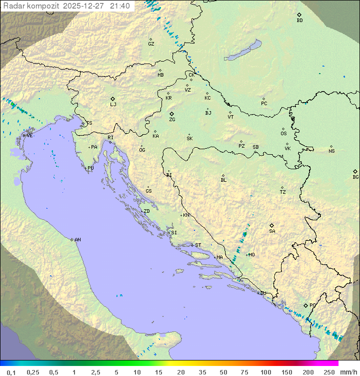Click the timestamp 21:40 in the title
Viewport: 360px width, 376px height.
pos(119,6)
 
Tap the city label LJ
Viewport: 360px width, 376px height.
pos(113,105)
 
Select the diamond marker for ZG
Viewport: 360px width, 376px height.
pos(171,114)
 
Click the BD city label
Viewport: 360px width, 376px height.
pos(299,21)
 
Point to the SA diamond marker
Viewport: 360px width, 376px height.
pos(271,225)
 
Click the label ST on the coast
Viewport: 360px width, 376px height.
pos(198,245)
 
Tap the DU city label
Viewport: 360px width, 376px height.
pos(263,293)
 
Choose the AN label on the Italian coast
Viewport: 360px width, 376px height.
pos(77,240)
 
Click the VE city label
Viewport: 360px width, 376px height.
pos(29,136)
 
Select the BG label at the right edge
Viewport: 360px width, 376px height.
pos(355,177)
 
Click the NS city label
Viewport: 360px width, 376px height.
pos(331,151)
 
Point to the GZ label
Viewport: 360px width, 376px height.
pos(151,44)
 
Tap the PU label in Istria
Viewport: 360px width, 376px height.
pos(90,168)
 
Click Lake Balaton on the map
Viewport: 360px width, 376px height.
pos(243,51)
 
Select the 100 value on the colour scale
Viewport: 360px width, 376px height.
pos(265,372)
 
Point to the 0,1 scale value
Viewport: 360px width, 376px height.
pos(11,372)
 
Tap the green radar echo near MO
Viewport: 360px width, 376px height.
pos(244,234)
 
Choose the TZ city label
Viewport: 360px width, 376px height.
pos(283,192)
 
